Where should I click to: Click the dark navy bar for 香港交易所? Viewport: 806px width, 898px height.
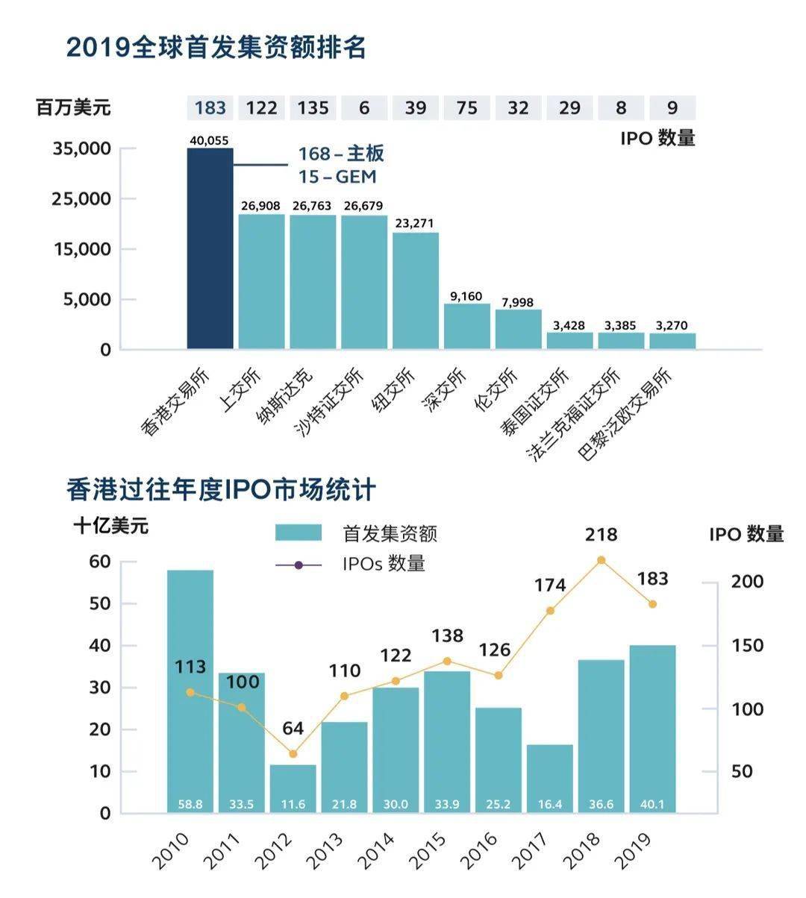pyautogui.click(x=210, y=248)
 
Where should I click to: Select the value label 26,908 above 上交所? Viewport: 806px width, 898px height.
pyautogui.click(x=261, y=205)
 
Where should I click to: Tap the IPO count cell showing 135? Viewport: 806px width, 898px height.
pyautogui.click(x=313, y=108)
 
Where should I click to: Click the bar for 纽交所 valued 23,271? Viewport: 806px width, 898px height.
pyautogui.click(x=416, y=291)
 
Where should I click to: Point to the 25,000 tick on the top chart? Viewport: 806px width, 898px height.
pyautogui.click(x=81, y=199)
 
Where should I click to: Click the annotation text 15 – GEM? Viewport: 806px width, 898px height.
pyautogui.click(x=337, y=177)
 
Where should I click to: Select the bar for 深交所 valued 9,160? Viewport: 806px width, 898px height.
pyautogui.click(x=467, y=326)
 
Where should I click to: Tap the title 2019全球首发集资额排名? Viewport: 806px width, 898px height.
pyautogui.click(x=216, y=47)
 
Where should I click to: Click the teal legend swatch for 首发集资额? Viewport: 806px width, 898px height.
pyautogui.click(x=299, y=533)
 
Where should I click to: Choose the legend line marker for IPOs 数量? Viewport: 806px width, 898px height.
pyautogui.click(x=299, y=565)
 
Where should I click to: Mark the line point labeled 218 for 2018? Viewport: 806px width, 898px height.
pyautogui.click(x=602, y=560)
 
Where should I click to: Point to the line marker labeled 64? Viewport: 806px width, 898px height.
pyautogui.click(x=293, y=754)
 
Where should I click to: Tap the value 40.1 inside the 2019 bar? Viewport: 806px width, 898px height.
pyautogui.click(x=652, y=805)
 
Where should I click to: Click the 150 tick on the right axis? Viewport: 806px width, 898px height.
pyautogui.click(x=746, y=646)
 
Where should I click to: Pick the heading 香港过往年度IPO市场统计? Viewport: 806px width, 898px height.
pyautogui.click(x=221, y=490)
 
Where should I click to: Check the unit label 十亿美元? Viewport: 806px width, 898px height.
pyautogui.click(x=111, y=526)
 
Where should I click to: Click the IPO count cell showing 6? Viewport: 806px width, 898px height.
pyautogui.click(x=364, y=108)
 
